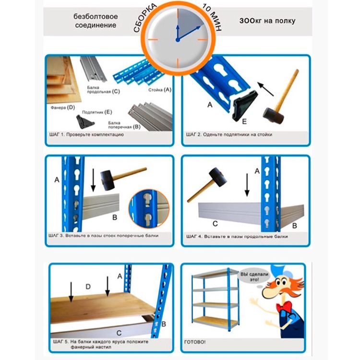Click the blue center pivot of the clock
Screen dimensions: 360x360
click(x=178, y=40)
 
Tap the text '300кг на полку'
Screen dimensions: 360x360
click(x=267, y=21)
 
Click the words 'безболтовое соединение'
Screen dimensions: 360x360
click(x=96, y=21)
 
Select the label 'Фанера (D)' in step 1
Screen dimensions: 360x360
click(x=63, y=107)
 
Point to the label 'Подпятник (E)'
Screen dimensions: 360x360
click(x=97, y=112)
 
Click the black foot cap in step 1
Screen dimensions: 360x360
click(x=85, y=122)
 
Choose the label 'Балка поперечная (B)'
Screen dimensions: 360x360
click(x=124, y=125)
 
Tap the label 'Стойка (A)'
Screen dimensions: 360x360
click(x=160, y=90)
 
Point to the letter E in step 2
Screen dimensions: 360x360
click(x=244, y=121)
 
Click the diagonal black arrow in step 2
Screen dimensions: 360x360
click(x=265, y=89)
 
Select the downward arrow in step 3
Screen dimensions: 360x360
click(x=93, y=180)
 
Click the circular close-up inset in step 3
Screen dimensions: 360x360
click(x=149, y=209)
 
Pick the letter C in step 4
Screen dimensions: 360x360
click(x=215, y=223)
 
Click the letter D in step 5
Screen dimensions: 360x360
click(x=88, y=287)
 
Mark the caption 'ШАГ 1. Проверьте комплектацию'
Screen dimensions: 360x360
click(x=86, y=134)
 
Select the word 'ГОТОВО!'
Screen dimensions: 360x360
click(x=195, y=342)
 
